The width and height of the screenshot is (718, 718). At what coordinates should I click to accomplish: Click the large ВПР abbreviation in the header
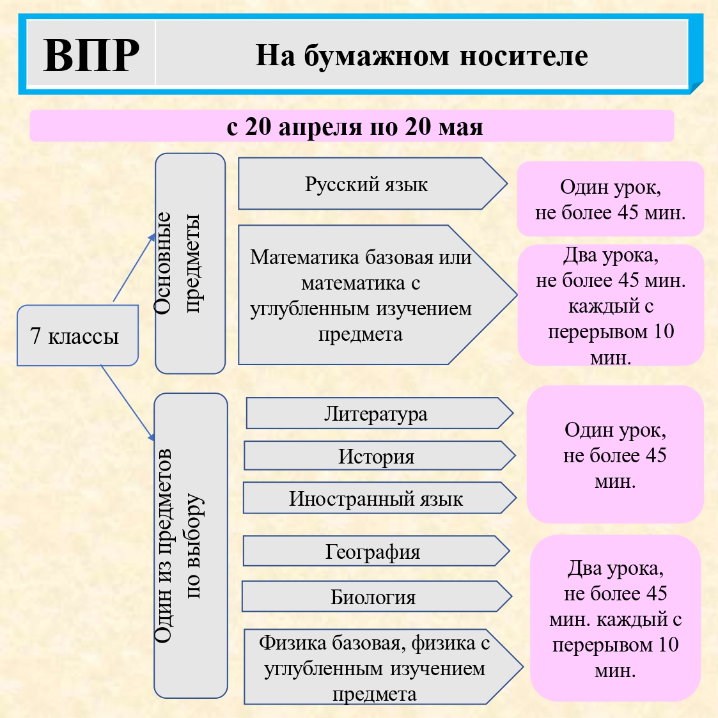91,55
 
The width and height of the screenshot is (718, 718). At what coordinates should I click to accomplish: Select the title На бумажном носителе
421,56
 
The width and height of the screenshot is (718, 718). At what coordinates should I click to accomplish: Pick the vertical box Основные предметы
190,263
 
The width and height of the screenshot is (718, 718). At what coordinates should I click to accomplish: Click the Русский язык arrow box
366,184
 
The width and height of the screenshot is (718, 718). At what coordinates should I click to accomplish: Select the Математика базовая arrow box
362,295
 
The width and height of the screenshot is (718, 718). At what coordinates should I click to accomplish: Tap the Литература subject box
376,414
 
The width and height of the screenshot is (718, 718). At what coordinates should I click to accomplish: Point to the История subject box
376,457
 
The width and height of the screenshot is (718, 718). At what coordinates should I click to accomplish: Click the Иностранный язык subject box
376,499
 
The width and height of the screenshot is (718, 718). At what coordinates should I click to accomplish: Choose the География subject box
373,551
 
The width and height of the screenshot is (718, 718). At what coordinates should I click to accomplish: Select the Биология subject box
373,597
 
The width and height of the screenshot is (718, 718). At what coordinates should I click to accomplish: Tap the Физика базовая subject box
375,667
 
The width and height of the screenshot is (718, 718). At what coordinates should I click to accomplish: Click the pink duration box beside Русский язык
610,199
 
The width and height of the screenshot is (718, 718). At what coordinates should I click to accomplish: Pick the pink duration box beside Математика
610,305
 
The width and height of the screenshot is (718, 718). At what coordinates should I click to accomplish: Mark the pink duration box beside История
614,455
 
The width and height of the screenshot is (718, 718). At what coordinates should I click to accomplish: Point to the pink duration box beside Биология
615,618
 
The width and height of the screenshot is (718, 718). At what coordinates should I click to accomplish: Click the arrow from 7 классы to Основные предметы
134,268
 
